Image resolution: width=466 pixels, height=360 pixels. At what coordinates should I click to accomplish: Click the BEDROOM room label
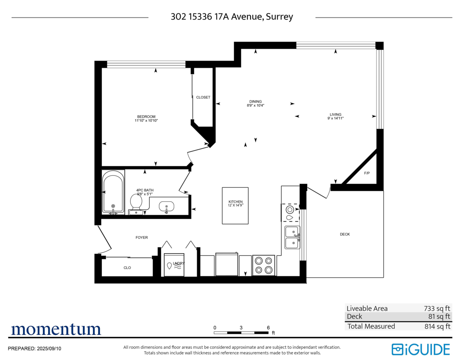[x=146, y=117]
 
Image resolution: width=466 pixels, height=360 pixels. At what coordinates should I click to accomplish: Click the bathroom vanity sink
[x=167, y=207]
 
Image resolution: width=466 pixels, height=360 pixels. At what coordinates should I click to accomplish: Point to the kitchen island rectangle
[x=235, y=205]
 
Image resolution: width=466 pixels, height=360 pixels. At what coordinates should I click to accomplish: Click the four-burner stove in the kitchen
[x=264, y=265]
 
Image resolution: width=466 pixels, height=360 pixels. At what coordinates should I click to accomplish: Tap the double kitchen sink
[x=292, y=237]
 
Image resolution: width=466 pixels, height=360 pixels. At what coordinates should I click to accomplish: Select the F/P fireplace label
[x=367, y=173]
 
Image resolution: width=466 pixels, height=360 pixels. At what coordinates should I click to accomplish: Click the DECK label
[x=345, y=234]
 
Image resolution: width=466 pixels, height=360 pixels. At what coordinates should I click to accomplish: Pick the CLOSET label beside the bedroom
[x=203, y=97]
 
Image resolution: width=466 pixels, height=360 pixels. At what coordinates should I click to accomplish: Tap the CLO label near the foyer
[x=127, y=268]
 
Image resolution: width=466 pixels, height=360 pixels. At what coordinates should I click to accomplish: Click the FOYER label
[x=141, y=237]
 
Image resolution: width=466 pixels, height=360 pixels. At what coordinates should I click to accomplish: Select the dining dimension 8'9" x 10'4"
[x=256, y=105]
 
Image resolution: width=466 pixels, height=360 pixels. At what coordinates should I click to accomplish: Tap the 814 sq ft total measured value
[x=437, y=326]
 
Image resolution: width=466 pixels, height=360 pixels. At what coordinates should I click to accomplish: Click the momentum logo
[x=56, y=329]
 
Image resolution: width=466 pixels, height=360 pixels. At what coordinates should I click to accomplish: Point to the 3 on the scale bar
[x=241, y=327]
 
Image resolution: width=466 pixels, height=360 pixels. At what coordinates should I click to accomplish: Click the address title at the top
[x=232, y=17]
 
